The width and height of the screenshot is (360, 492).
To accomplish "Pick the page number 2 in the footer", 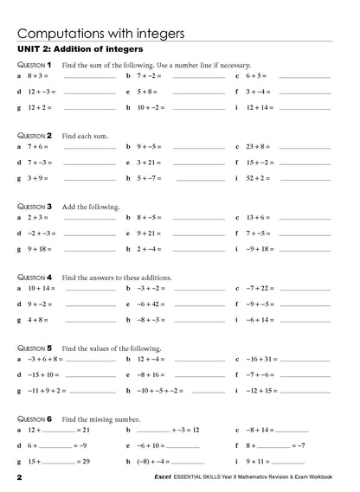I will (x=18, y=477).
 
